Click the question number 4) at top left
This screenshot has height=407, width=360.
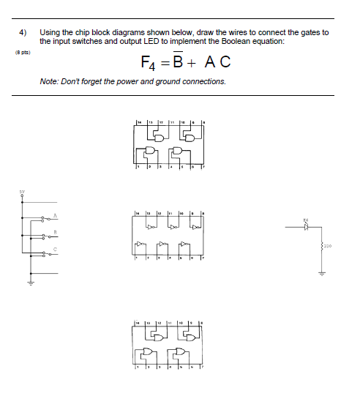(x=23, y=33)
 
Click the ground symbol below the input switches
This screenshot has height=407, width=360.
(x=31, y=284)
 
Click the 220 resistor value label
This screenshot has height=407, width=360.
(x=328, y=246)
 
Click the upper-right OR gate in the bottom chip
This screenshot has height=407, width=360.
(x=189, y=337)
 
